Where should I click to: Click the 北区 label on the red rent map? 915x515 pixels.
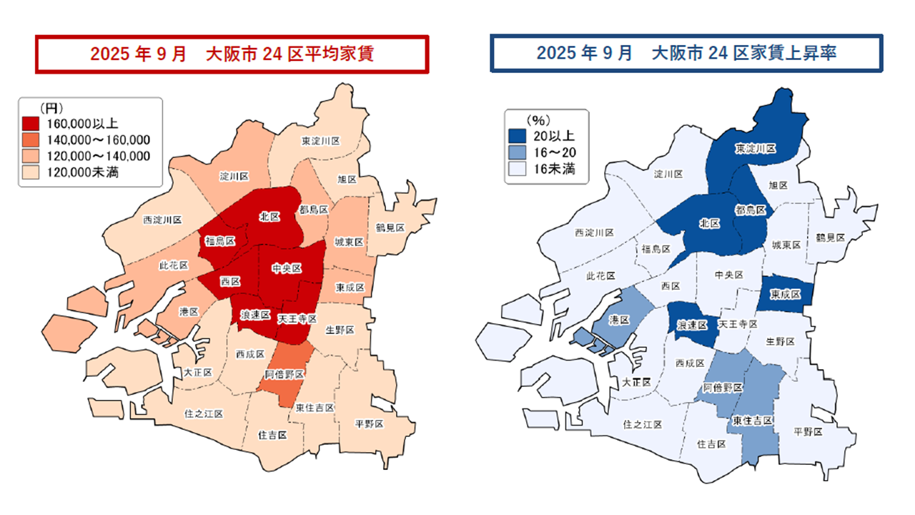(x=269, y=216)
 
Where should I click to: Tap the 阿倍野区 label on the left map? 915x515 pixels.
(x=285, y=375)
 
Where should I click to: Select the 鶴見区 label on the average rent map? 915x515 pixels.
(x=390, y=227)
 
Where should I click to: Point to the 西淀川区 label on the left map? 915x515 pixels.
(x=162, y=220)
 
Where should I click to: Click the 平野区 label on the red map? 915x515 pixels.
(x=369, y=423)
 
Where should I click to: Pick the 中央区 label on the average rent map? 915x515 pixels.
(x=287, y=268)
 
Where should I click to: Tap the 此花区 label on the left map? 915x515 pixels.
(x=173, y=265)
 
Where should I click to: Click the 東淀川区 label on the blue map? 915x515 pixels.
(x=756, y=148)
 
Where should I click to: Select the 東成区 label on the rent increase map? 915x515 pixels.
(x=786, y=294)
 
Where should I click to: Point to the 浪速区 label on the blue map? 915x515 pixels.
(x=693, y=325)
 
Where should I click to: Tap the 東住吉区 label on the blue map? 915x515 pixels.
(x=752, y=421)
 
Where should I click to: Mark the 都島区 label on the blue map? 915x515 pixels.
(x=750, y=210)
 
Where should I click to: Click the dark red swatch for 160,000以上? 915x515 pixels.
(x=31, y=123)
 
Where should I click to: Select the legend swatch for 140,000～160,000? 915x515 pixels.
(x=31, y=139)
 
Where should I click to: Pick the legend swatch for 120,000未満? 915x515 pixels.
(x=31, y=172)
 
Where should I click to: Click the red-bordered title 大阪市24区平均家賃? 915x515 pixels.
(x=232, y=54)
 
